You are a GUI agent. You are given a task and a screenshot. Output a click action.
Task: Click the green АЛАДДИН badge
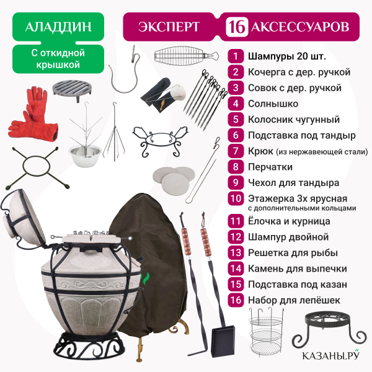58,27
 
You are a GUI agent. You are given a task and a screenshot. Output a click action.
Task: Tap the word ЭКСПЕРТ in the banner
169,27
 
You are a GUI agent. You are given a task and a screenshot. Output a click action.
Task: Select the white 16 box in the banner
237,27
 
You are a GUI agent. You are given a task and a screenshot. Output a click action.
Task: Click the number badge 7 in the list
236,151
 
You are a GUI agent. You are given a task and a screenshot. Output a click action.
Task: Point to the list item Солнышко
273,104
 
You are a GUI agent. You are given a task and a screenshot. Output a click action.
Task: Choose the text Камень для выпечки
298,268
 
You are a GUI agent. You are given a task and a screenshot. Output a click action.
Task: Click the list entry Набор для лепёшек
294,300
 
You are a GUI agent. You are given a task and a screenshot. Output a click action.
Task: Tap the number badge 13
236,253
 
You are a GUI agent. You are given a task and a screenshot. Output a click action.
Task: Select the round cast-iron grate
72,89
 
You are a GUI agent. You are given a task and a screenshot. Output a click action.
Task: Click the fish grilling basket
185,56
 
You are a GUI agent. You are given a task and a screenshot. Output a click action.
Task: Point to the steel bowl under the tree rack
85,156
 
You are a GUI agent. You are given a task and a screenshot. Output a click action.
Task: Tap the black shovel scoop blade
223,341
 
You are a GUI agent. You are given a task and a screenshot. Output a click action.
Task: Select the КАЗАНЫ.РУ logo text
330,355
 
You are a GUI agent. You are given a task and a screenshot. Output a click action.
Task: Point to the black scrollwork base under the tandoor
89,346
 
